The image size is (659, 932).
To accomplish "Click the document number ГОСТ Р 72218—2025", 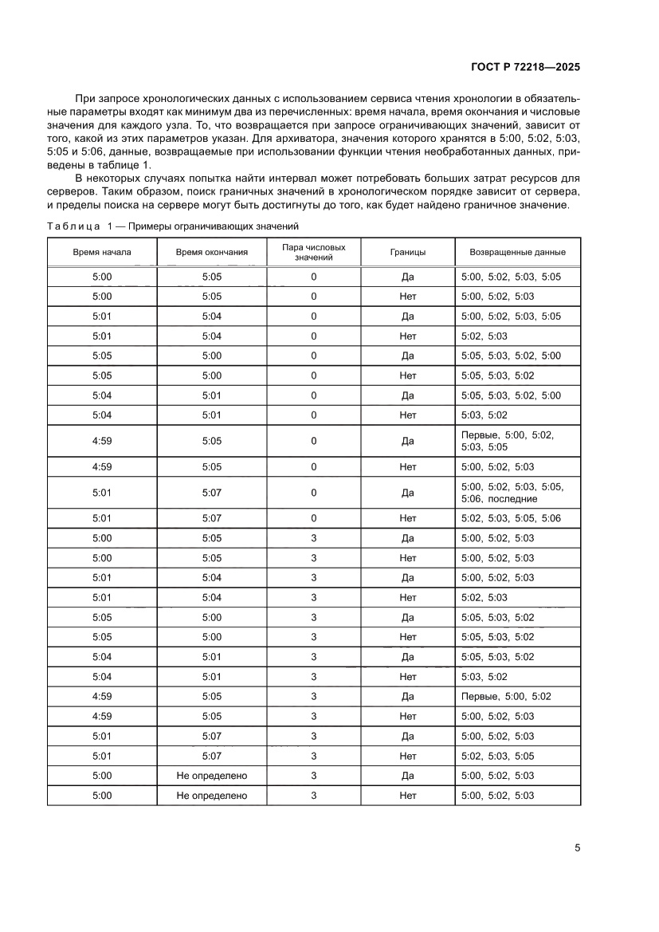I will (524, 68).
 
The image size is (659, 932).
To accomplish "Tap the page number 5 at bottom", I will (577, 847).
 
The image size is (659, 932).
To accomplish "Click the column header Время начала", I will (102, 252).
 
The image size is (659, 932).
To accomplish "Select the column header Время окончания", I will (212, 252).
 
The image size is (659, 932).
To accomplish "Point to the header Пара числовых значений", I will (314, 252).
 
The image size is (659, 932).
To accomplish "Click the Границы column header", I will (407, 252).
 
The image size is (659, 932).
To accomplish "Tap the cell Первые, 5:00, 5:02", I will (506, 696).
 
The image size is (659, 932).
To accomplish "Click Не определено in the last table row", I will (212, 796).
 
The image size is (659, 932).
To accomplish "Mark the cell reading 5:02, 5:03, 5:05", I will (497, 756).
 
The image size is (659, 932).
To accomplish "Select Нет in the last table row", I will (407, 796).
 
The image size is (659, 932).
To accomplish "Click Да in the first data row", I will (407, 277).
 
